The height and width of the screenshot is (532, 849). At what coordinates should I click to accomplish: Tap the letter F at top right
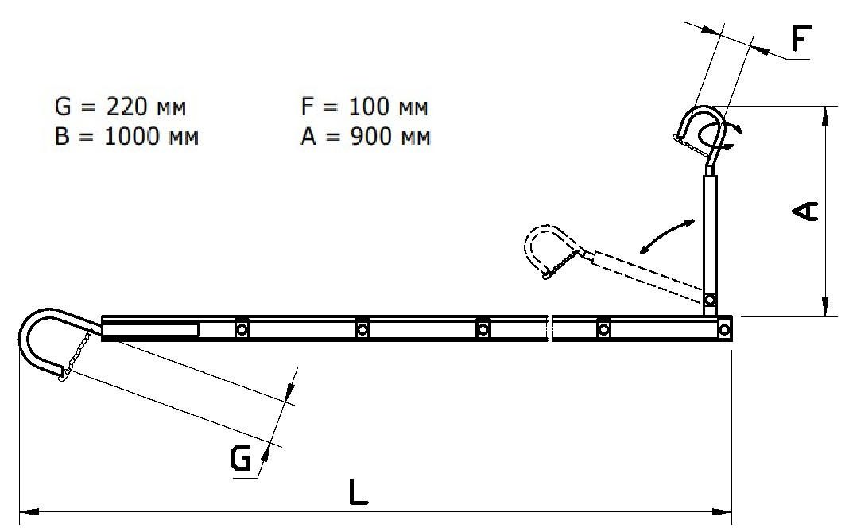click(x=801, y=39)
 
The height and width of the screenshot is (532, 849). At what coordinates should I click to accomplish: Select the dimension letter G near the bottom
click(x=241, y=459)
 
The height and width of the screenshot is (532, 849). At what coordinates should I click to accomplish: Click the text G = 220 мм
click(x=120, y=107)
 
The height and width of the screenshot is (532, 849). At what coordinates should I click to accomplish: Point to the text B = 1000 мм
click(x=126, y=136)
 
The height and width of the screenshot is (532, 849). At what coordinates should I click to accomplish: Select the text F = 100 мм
click(x=364, y=107)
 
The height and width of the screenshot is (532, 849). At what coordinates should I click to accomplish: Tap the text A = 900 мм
click(x=366, y=136)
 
